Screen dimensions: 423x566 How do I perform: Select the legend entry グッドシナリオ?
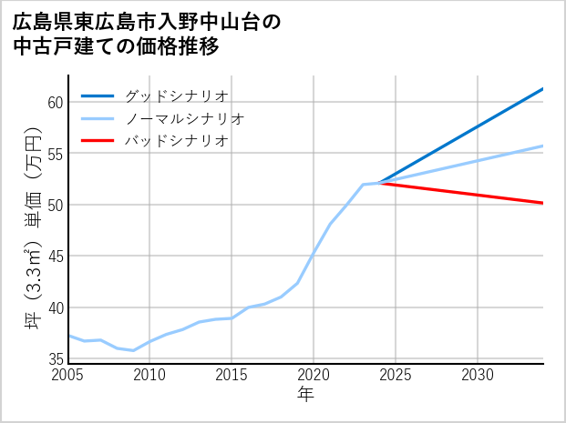pos(176,96)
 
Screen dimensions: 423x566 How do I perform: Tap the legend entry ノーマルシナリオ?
pos(185,118)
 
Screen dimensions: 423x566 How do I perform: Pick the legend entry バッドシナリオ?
pos(176,141)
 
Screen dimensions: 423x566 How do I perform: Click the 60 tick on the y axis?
pos(55,102)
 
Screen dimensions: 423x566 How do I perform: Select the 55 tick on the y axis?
pos(55,154)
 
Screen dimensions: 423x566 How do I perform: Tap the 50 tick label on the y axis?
pos(55,205)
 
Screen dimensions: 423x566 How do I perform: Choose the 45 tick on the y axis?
pos(55,257)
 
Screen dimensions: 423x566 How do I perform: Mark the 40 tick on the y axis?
pos(55,307)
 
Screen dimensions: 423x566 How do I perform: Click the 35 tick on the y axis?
pos(55,359)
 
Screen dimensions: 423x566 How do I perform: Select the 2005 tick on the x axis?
pos(68,375)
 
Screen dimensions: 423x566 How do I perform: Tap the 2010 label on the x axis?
pos(149,375)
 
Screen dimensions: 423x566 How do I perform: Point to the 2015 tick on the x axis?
pos(232,375)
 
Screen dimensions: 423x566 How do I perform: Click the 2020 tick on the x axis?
pos(314,375)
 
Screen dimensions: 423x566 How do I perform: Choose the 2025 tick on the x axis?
pos(396,375)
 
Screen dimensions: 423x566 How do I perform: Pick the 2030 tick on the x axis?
pos(478,375)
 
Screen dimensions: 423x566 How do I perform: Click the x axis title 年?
pos(306,395)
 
